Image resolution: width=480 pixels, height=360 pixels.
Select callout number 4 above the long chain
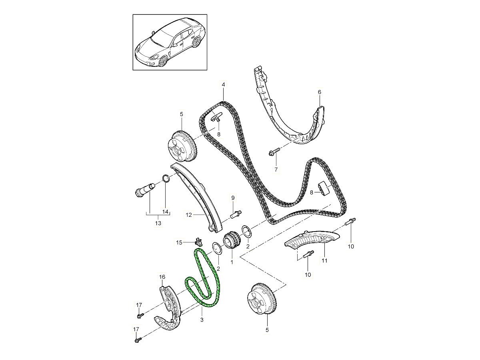pos(223,85)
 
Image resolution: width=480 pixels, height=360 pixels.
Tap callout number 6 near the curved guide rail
pos(319,92)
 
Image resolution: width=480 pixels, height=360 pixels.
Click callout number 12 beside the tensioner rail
pos(189,214)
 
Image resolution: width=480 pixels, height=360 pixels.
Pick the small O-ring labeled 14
pos(166,178)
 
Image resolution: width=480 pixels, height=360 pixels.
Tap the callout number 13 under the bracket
pos(158,223)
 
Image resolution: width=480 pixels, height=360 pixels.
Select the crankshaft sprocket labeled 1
pos(231,242)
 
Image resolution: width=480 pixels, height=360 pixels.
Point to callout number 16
pos(162,276)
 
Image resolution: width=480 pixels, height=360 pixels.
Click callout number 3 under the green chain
pos(202,320)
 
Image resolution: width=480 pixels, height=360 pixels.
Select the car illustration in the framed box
pos(170,42)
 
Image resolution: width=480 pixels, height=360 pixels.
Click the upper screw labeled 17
pos(139,316)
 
